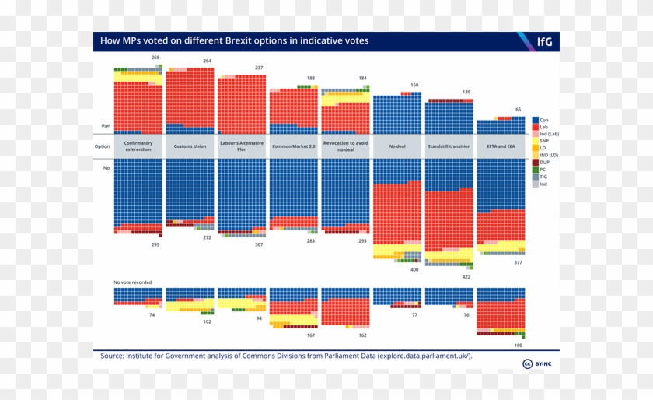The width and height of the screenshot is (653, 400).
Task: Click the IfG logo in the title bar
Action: tap(544, 41)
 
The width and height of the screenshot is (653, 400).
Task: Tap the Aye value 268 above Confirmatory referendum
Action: tap(155, 58)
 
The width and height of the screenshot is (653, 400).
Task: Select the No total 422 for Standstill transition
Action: tap(466, 276)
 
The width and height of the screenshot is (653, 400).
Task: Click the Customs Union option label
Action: tap(190, 146)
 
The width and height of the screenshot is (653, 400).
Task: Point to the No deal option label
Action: tap(397, 146)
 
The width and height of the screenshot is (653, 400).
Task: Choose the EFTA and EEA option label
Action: tap(501, 146)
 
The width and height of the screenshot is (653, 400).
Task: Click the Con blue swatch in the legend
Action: tap(535, 120)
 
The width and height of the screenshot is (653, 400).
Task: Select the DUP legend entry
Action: tap(544, 160)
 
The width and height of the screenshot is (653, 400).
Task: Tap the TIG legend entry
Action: tap(544, 177)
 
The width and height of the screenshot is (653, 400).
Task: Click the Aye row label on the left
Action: tap(106, 125)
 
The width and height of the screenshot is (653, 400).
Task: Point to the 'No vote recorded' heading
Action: tap(133, 282)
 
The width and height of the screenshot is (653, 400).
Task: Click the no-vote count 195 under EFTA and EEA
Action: tap(518, 345)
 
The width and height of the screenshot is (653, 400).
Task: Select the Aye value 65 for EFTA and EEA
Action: tap(519, 110)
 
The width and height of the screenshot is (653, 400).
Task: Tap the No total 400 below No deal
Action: tap(414, 269)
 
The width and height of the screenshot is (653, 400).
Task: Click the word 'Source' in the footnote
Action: tap(113, 356)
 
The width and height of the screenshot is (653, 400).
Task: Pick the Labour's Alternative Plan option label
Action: tap(242, 146)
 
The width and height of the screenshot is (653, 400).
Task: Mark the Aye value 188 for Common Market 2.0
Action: tap(311, 79)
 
